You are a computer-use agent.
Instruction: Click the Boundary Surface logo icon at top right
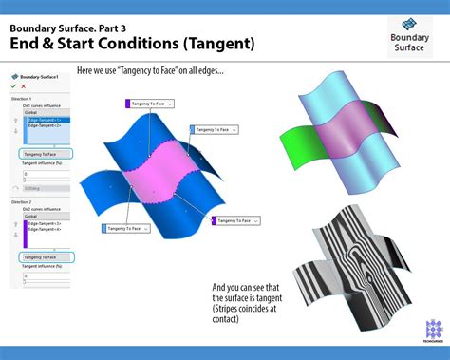coord(409,26)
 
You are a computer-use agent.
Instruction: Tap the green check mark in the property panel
coord(13,86)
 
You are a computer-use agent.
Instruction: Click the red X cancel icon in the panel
coord(23,86)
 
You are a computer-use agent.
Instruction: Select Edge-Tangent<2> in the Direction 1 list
coord(44,125)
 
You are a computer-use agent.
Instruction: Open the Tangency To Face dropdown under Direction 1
coord(45,153)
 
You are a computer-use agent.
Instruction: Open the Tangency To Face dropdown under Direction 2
coord(45,257)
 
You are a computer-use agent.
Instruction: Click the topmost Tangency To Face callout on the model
coord(147,102)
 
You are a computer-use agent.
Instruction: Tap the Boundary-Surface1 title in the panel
coord(40,76)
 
